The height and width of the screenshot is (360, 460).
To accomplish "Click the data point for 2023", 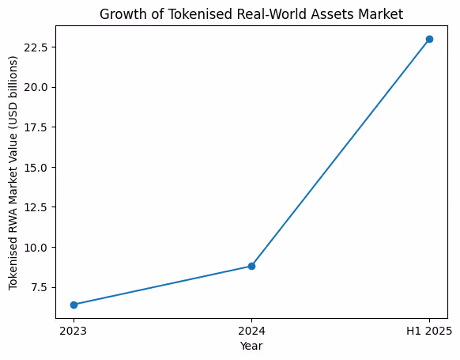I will pyautogui.click(x=74, y=305).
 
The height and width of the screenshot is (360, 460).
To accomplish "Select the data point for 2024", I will pyautogui.click(x=251, y=266).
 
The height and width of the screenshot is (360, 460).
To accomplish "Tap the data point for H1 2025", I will pyautogui.click(x=429, y=39).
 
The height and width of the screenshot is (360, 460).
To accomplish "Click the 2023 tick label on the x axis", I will pyautogui.click(x=74, y=330).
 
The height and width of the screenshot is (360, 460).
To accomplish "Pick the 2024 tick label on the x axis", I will pyautogui.click(x=251, y=330).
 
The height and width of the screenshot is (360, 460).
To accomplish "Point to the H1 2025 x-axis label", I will pyautogui.click(x=429, y=330).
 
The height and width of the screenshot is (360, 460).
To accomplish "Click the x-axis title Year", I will pyautogui.click(x=251, y=346).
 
